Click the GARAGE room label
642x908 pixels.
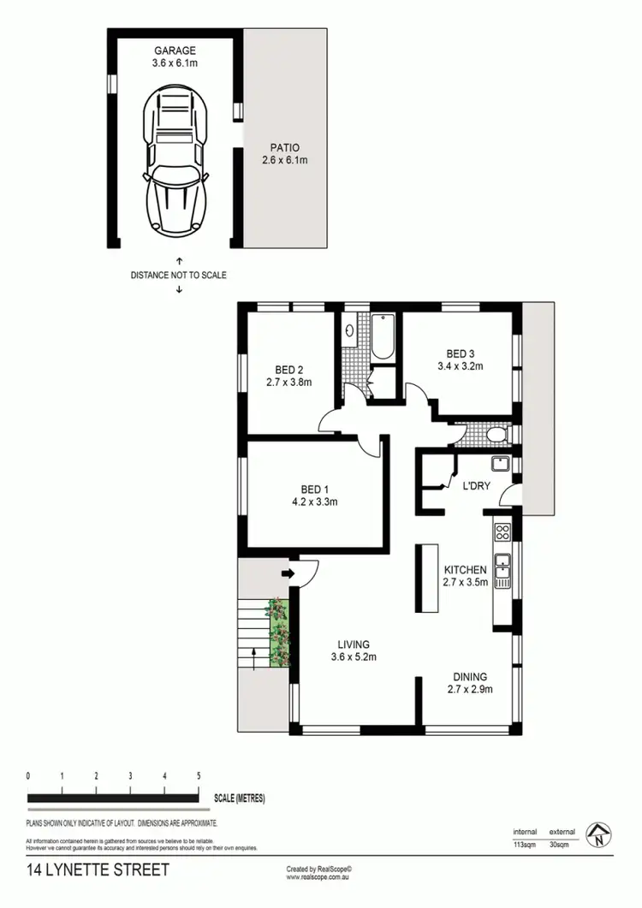(x=175, y=50)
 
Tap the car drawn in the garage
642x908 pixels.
(x=177, y=163)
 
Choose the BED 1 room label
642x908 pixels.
(x=312, y=490)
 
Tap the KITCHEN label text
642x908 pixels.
(x=465, y=570)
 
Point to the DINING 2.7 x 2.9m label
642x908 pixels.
(x=470, y=682)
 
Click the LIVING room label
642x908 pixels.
(x=353, y=644)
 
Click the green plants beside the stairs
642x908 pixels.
(x=279, y=632)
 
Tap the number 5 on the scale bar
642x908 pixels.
(x=199, y=775)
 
